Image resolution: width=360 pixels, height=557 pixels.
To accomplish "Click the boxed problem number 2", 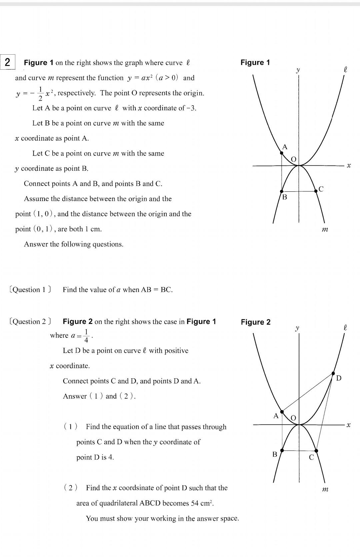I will point(7,62).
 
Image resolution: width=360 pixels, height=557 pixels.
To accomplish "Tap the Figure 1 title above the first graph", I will point(255,62).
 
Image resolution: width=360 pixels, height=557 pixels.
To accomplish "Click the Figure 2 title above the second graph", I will point(255,322).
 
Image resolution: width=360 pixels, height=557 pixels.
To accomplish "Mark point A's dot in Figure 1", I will point(282,153).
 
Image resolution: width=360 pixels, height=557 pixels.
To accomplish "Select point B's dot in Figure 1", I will point(282,191).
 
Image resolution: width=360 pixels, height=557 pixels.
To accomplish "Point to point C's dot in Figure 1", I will point(316,191).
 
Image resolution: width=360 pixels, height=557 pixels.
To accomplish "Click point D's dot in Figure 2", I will point(333,373).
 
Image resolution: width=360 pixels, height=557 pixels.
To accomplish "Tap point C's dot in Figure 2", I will point(316,451).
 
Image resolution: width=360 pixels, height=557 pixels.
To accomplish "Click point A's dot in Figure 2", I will point(282,412).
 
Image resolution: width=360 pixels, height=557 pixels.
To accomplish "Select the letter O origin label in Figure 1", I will point(293,159).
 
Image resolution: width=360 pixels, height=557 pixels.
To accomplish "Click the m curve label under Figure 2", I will point(325,489).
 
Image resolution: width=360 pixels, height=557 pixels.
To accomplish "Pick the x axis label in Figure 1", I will point(349,165).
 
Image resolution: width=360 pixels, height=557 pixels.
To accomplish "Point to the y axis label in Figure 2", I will point(297,328).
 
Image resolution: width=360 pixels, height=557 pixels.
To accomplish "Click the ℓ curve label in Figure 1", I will point(345,70).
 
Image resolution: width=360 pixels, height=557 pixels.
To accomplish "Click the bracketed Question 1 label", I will point(30,289).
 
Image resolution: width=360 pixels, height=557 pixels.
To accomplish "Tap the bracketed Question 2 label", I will point(30,321).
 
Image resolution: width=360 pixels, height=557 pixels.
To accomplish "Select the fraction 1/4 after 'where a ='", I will point(86,336).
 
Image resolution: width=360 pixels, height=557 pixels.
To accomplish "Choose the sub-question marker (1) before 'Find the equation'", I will point(70,426).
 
